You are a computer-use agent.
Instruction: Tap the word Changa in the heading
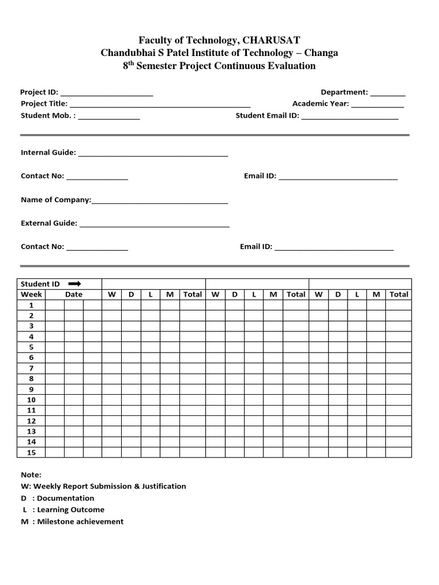(321, 53)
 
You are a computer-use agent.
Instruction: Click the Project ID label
(39, 92)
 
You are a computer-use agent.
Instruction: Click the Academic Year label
(320, 103)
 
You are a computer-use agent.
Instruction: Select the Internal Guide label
(48, 153)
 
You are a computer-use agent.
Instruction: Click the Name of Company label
(56, 199)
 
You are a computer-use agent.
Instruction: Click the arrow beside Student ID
(75, 283)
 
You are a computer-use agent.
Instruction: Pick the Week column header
(31, 294)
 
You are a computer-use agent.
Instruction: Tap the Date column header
(74, 294)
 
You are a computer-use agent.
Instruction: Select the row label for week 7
(31, 368)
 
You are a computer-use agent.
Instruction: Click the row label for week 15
(31, 452)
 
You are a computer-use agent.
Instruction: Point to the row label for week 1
(31, 305)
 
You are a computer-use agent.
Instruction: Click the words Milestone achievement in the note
(80, 521)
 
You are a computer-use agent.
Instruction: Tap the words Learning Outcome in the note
(71, 510)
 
